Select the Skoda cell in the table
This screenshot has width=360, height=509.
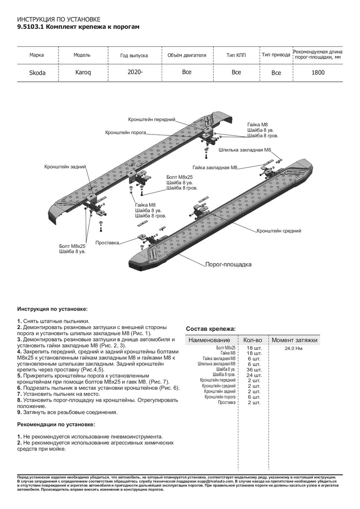tap(37, 73)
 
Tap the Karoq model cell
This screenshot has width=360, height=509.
tap(83, 72)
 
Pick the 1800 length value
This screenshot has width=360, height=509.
tap(318, 73)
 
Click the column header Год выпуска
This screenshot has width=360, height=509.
tap(134, 56)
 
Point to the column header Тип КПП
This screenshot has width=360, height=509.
tap(236, 55)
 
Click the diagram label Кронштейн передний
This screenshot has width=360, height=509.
tap(151, 119)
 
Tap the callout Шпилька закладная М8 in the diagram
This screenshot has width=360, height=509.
tap(245, 150)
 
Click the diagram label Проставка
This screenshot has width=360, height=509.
tap(107, 243)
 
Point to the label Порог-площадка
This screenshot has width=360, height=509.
tap(228, 264)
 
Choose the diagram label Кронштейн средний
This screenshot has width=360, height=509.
tap(279, 231)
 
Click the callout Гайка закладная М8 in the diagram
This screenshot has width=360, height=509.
tap(215, 168)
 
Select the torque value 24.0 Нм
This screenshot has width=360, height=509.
tap(293, 349)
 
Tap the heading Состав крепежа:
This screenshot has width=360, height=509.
tap(211, 329)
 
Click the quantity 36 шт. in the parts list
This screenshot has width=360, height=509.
tap(254, 369)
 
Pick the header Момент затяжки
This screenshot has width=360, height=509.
tap(294, 340)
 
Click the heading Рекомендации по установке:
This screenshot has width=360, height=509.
tap(56, 424)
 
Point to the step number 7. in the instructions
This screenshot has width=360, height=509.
tap(20, 394)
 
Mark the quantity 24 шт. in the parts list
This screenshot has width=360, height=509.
tap(254, 375)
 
